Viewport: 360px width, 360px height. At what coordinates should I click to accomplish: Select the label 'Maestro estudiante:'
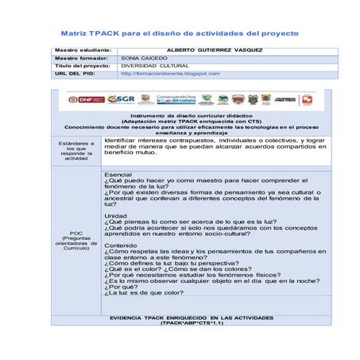pos(83,50)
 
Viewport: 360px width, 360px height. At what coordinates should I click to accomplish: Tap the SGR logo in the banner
pos(121,100)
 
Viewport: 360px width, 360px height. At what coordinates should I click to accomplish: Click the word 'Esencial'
pos(118,174)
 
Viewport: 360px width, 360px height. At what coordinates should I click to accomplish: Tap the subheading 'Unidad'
pos(115,215)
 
